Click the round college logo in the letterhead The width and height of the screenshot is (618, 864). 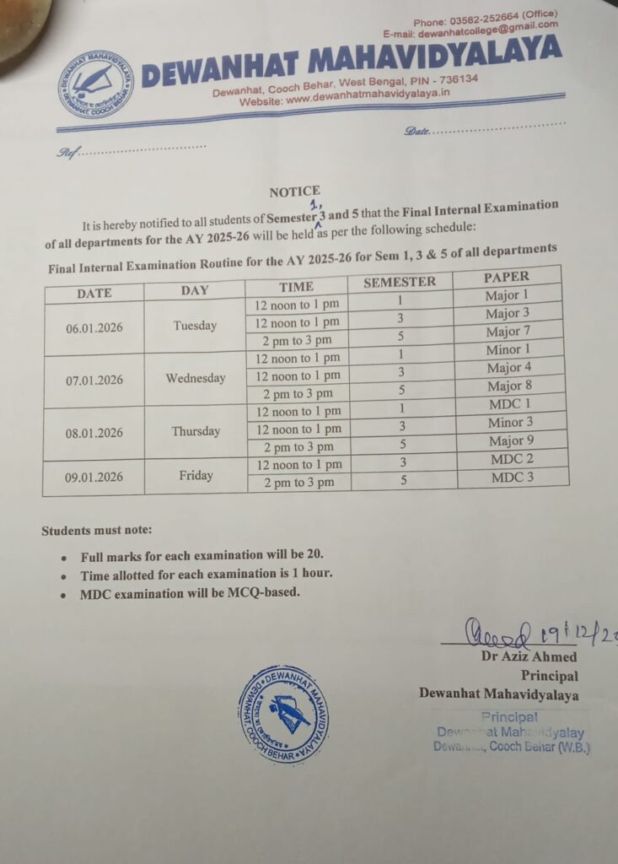pyautogui.click(x=96, y=84)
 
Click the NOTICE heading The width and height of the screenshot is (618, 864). pyautogui.click(x=294, y=192)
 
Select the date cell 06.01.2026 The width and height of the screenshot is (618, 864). pyautogui.click(x=94, y=327)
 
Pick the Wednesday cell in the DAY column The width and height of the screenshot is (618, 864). pyautogui.click(x=196, y=378)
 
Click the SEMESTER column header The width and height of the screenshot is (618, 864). pyautogui.click(x=399, y=282)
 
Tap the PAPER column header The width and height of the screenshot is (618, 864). pyautogui.click(x=506, y=277)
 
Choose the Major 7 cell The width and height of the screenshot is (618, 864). pyautogui.click(x=508, y=332)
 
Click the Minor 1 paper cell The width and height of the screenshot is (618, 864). pyautogui.click(x=508, y=349)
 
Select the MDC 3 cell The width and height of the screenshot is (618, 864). pyautogui.click(x=513, y=478)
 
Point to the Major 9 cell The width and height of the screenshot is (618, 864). pyautogui.click(x=511, y=440)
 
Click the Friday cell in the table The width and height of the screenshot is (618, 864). pyautogui.click(x=196, y=476)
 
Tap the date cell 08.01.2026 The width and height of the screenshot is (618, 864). pyautogui.click(x=94, y=433)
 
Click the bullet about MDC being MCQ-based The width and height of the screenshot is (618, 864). pyautogui.click(x=191, y=593)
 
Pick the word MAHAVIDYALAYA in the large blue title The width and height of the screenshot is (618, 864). pyautogui.click(x=434, y=61)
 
